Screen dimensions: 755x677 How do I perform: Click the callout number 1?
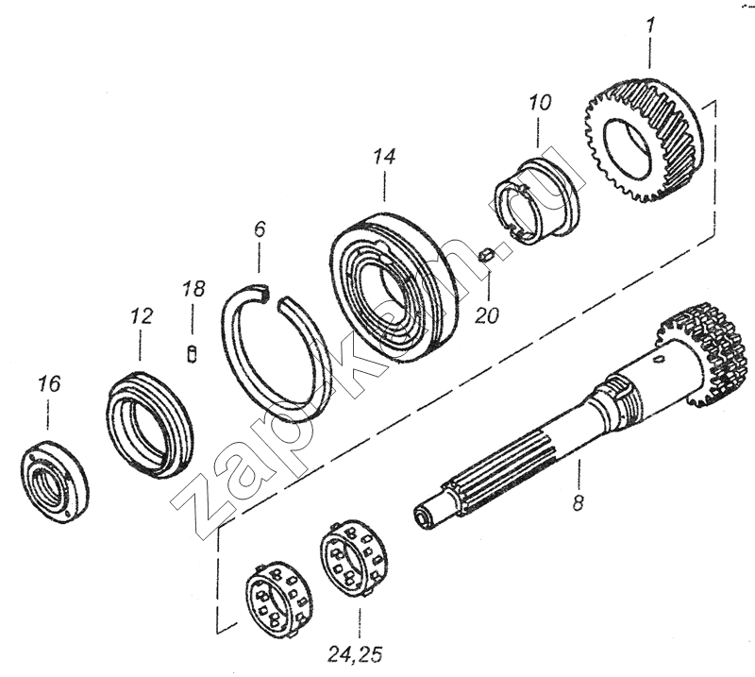tap(650, 25)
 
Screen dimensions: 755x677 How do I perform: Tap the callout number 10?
tap(540, 103)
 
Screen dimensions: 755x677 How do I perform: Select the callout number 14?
tap(384, 157)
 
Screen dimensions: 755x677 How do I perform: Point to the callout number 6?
tap(260, 228)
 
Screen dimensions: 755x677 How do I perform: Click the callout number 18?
tap(193, 288)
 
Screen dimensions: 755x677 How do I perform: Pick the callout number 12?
tap(142, 316)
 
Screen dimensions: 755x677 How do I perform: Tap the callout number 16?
tap(50, 384)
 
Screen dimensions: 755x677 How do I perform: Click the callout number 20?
tap(487, 315)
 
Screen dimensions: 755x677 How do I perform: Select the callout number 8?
tap(578, 502)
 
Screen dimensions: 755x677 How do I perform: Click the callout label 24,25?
tap(356, 654)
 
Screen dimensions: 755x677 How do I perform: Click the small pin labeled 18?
tap(193, 355)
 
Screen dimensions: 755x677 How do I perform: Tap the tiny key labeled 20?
tap(485, 254)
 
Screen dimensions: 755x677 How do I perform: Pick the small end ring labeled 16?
tap(55, 482)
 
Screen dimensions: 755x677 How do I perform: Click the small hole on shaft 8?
tap(659, 358)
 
